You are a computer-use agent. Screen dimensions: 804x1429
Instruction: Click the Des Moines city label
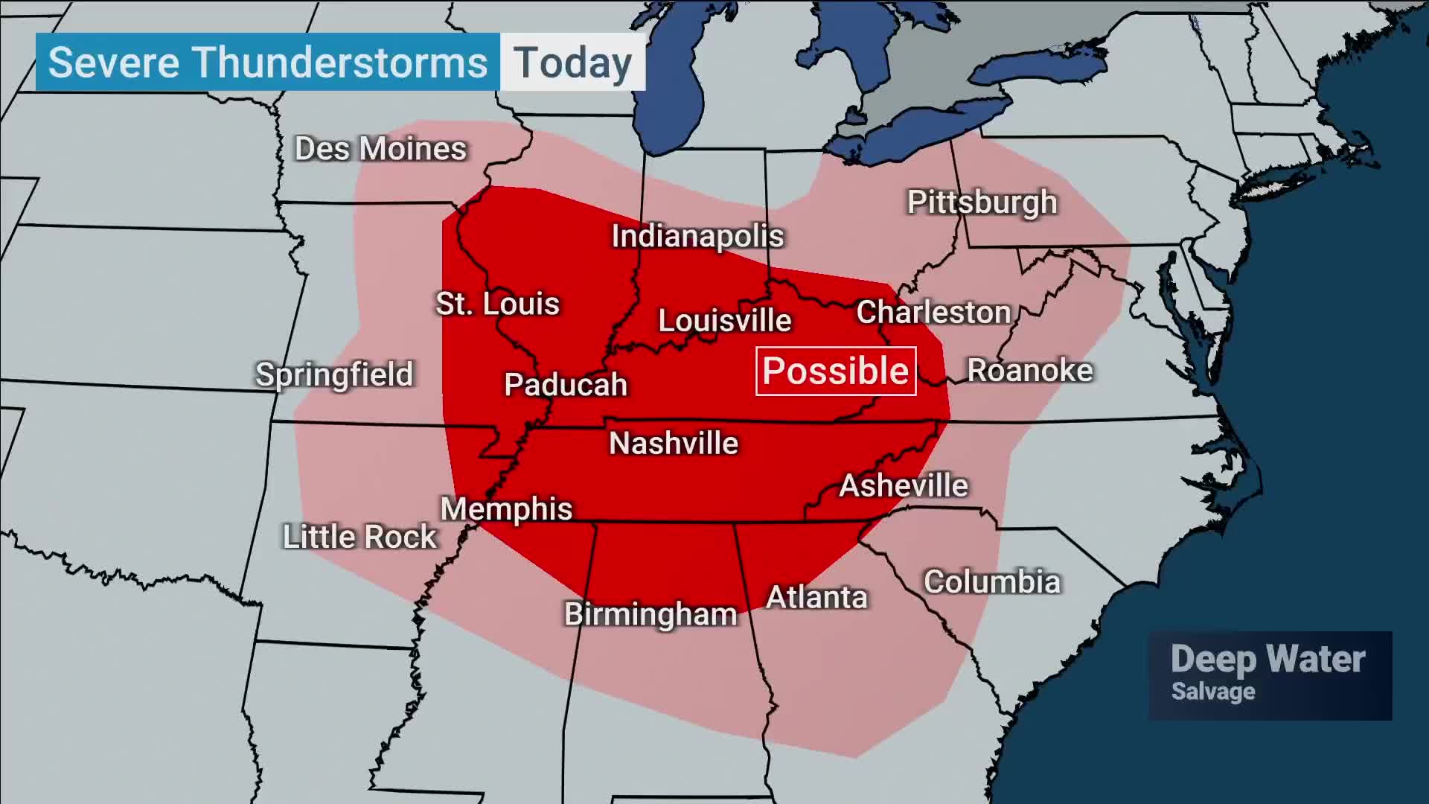click(x=380, y=149)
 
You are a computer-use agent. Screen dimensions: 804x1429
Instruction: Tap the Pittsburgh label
click(x=982, y=202)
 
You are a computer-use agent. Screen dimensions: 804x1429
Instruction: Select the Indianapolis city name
click(x=697, y=237)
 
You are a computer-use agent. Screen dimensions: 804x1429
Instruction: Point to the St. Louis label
click(x=497, y=304)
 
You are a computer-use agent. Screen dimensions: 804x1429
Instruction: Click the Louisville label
click(x=724, y=321)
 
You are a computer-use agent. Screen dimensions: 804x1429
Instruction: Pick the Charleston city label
click(x=933, y=313)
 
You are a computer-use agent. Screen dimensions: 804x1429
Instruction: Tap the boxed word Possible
click(x=836, y=371)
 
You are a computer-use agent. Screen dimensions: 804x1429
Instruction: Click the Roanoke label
click(x=1029, y=371)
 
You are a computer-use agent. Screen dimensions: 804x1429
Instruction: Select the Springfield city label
click(x=334, y=374)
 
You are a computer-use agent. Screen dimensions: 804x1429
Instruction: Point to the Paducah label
click(x=566, y=385)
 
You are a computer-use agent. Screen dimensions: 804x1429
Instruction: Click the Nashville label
click(x=674, y=444)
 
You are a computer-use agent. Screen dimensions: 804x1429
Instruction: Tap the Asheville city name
click(x=904, y=486)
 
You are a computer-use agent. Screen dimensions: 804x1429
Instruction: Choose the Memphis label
click(x=506, y=510)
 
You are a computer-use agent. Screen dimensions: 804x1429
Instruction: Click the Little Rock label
click(x=359, y=537)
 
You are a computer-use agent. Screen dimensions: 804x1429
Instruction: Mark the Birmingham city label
click(x=650, y=615)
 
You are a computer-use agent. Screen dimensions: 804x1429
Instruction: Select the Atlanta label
click(x=816, y=598)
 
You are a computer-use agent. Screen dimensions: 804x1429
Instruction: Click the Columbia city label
click(x=991, y=582)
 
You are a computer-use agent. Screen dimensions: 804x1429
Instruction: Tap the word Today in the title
click(x=572, y=63)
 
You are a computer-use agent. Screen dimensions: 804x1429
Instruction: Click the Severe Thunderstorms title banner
click(x=268, y=63)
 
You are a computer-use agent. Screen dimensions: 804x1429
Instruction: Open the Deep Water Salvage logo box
click(x=1269, y=675)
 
